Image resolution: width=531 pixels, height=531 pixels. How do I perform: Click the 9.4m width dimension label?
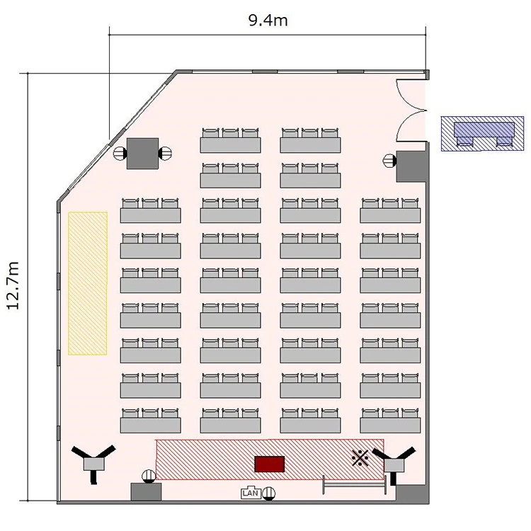click(x=268, y=21)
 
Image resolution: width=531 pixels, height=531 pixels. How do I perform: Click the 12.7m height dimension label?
click(x=13, y=285)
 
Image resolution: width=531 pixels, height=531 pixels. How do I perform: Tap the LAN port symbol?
click(x=251, y=493)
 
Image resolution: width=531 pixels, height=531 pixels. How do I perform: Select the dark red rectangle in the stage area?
click(x=269, y=464)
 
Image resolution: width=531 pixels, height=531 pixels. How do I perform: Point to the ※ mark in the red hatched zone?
click(x=360, y=458)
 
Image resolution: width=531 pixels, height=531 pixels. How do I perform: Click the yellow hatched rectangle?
click(x=88, y=283)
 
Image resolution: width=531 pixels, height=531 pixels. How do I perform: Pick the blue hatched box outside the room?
click(x=482, y=133)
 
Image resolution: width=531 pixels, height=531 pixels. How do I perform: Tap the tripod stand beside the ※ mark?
click(x=394, y=464)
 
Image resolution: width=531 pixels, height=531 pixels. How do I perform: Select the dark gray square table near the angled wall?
click(x=142, y=154)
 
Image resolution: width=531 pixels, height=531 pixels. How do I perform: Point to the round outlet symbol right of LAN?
click(x=269, y=493)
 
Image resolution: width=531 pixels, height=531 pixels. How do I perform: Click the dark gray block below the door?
click(x=411, y=166)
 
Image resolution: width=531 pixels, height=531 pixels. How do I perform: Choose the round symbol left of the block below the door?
click(x=389, y=160)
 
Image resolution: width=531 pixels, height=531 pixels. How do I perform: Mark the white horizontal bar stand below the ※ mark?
click(x=355, y=485)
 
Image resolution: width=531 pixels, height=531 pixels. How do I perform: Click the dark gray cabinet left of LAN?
click(x=146, y=492)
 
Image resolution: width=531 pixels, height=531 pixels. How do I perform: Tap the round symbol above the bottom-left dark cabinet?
click(x=149, y=476)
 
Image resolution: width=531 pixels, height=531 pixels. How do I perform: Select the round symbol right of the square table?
click(x=165, y=153)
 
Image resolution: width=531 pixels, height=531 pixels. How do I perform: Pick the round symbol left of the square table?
click(x=120, y=153)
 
